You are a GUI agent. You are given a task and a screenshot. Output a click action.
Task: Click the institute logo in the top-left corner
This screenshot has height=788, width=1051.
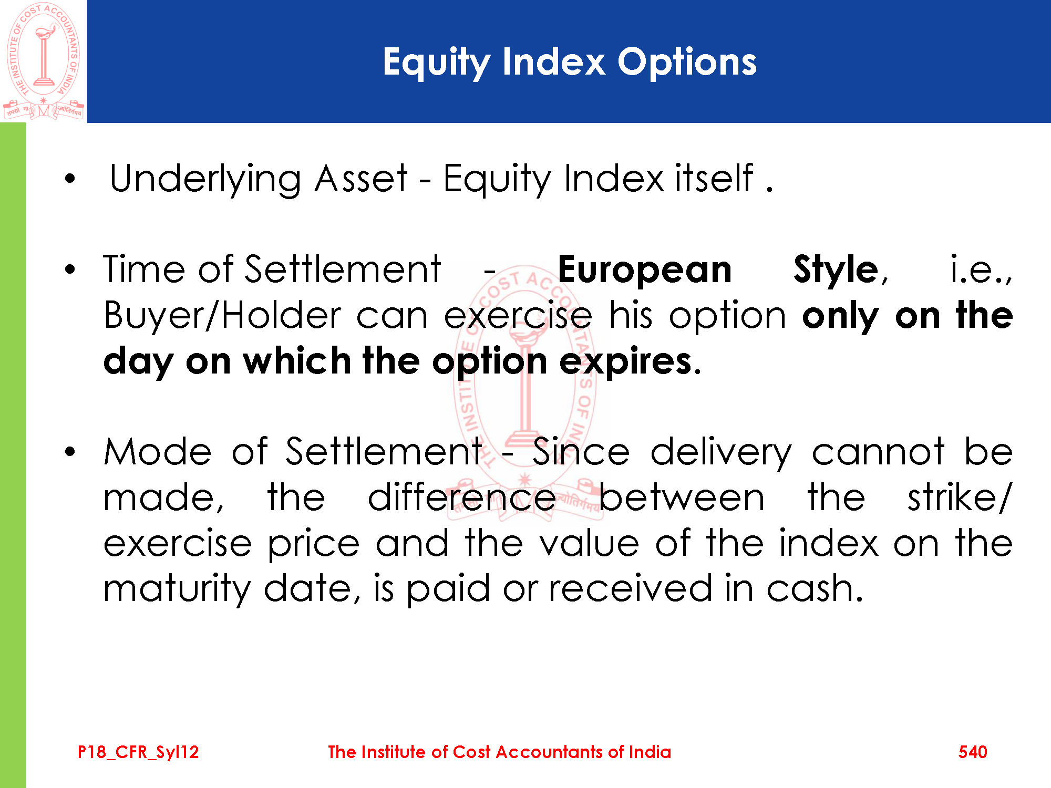pos(44,61)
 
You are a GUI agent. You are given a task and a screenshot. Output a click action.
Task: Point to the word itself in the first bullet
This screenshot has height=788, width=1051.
pos(714,178)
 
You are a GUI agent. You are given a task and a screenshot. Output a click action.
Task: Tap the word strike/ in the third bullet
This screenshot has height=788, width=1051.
pos(960,497)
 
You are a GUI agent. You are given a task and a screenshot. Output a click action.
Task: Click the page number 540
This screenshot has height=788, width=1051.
pos(973,752)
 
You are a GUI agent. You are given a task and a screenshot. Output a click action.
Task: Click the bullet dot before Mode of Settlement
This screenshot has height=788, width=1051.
pos(70,452)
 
